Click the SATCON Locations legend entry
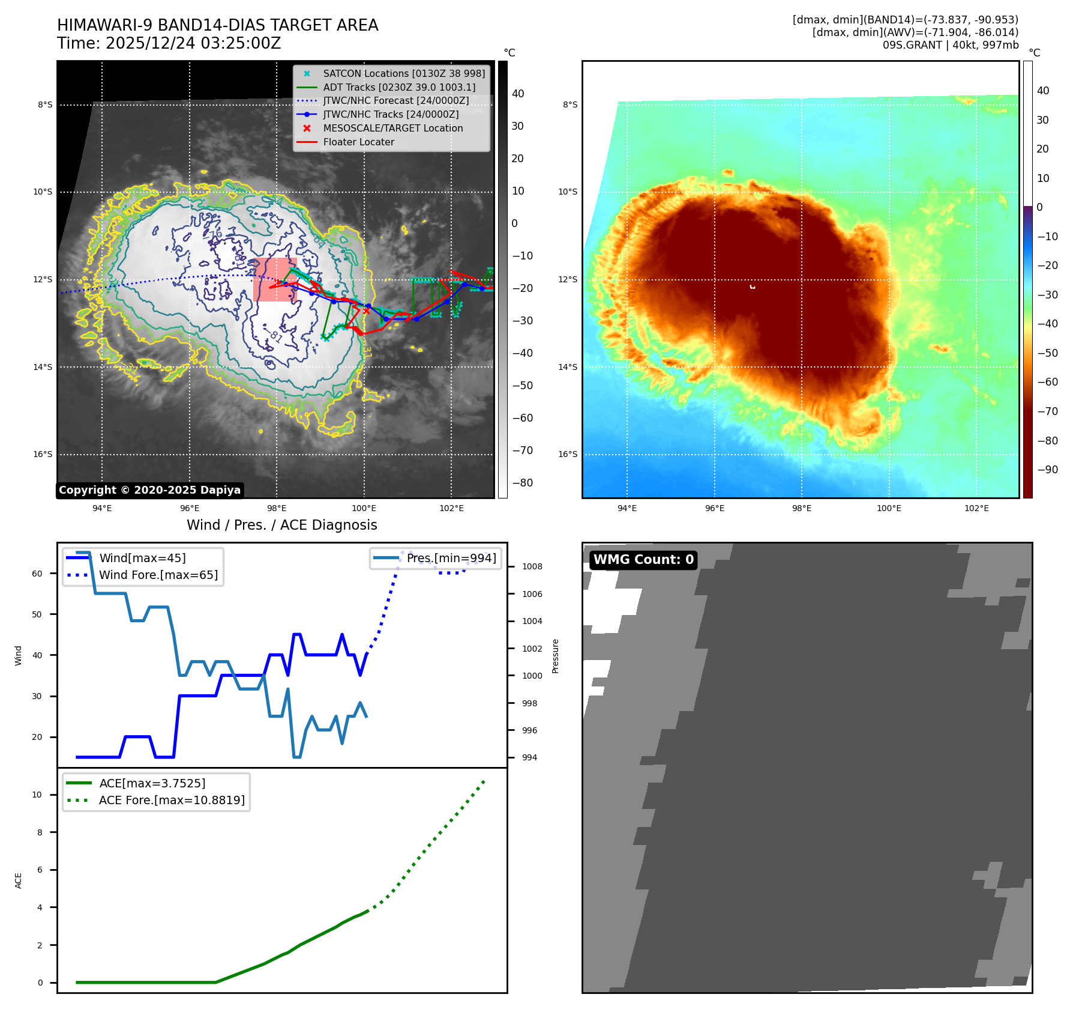(x=403, y=74)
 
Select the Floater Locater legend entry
(x=358, y=142)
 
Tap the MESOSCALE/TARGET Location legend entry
(x=392, y=129)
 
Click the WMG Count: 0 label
(x=643, y=560)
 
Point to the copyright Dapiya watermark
(x=149, y=490)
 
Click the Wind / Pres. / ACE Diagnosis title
(x=281, y=525)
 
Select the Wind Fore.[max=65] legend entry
(x=158, y=575)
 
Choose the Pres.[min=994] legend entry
(x=451, y=559)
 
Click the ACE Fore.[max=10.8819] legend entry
(x=172, y=801)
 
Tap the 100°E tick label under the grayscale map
(x=364, y=509)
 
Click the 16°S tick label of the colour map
(x=568, y=455)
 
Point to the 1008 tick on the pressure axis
(x=532, y=567)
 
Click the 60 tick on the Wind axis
(x=37, y=574)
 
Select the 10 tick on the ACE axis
(x=37, y=795)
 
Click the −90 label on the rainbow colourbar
(x=1047, y=470)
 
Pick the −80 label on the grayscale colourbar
(x=522, y=483)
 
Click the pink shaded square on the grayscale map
(x=275, y=280)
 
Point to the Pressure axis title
(x=556, y=656)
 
